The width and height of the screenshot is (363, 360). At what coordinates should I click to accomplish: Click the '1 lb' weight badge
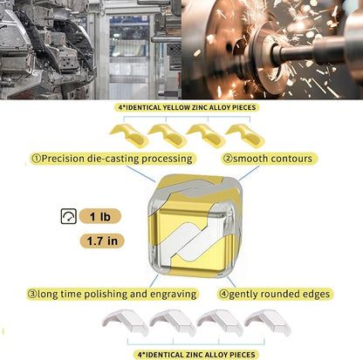coord(99,216)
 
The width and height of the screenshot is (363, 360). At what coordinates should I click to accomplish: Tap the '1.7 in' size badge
coord(102,241)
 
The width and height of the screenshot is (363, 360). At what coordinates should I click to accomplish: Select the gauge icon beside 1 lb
coord(69,216)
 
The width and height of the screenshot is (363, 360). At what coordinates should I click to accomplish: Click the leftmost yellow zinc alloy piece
coord(130,135)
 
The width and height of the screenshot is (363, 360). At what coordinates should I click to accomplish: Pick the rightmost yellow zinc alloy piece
coord(246,135)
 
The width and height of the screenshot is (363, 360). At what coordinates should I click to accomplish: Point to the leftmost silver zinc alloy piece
coord(125,322)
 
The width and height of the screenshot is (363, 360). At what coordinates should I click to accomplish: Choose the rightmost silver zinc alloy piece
coord(267,322)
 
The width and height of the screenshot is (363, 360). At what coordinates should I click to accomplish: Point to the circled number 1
coord(37,159)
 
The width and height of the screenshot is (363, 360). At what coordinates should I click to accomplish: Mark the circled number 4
coord(223,294)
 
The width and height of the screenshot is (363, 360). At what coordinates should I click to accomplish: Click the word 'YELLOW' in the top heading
coord(177,107)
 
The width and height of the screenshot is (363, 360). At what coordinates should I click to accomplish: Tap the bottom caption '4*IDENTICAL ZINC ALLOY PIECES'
coord(196,355)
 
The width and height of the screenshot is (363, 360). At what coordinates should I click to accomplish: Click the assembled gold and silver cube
coord(195,226)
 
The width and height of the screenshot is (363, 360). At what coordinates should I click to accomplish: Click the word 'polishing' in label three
coord(106,294)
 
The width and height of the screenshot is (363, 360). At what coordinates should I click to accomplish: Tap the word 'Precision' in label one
coord(63,159)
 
